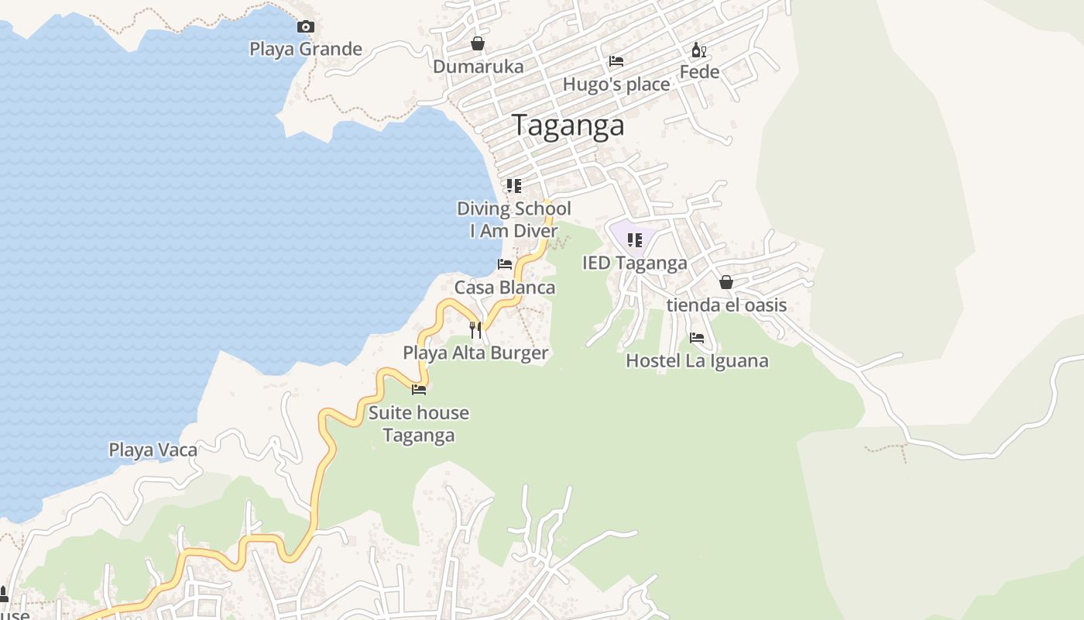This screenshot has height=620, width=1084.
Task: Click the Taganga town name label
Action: [x=568, y=126]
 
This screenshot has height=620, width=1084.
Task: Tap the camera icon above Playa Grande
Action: [x=306, y=27]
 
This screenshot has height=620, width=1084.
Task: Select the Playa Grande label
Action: [x=305, y=50]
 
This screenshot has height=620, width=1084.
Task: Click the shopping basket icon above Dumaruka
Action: [x=478, y=44]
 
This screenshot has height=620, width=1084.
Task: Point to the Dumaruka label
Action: [x=478, y=67]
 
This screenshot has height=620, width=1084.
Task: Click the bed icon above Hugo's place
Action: [x=616, y=61]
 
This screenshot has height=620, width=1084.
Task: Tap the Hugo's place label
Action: [x=616, y=84]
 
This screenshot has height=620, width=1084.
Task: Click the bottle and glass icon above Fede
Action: [x=698, y=50]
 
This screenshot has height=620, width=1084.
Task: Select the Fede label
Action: [x=699, y=72]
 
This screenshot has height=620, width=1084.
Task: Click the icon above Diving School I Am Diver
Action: [x=513, y=186]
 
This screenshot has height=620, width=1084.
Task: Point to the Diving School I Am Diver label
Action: [x=513, y=219]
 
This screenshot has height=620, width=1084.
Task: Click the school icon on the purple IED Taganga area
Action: [x=634, y=240]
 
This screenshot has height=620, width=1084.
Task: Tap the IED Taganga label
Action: [x=634, y=263]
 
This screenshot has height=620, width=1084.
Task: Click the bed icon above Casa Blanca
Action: [x=505, y=264]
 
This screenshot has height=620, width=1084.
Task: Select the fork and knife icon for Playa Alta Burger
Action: [x=475, y=330]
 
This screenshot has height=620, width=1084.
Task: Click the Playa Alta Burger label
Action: [x=475, y=353]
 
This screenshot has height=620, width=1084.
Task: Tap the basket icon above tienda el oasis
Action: [x=726, y=282]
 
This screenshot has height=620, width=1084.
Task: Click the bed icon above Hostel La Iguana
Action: [x=697, y=338]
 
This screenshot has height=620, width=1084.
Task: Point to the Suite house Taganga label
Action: [x=418, y=424]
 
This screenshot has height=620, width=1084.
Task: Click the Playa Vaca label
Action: [x=153, y=450]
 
